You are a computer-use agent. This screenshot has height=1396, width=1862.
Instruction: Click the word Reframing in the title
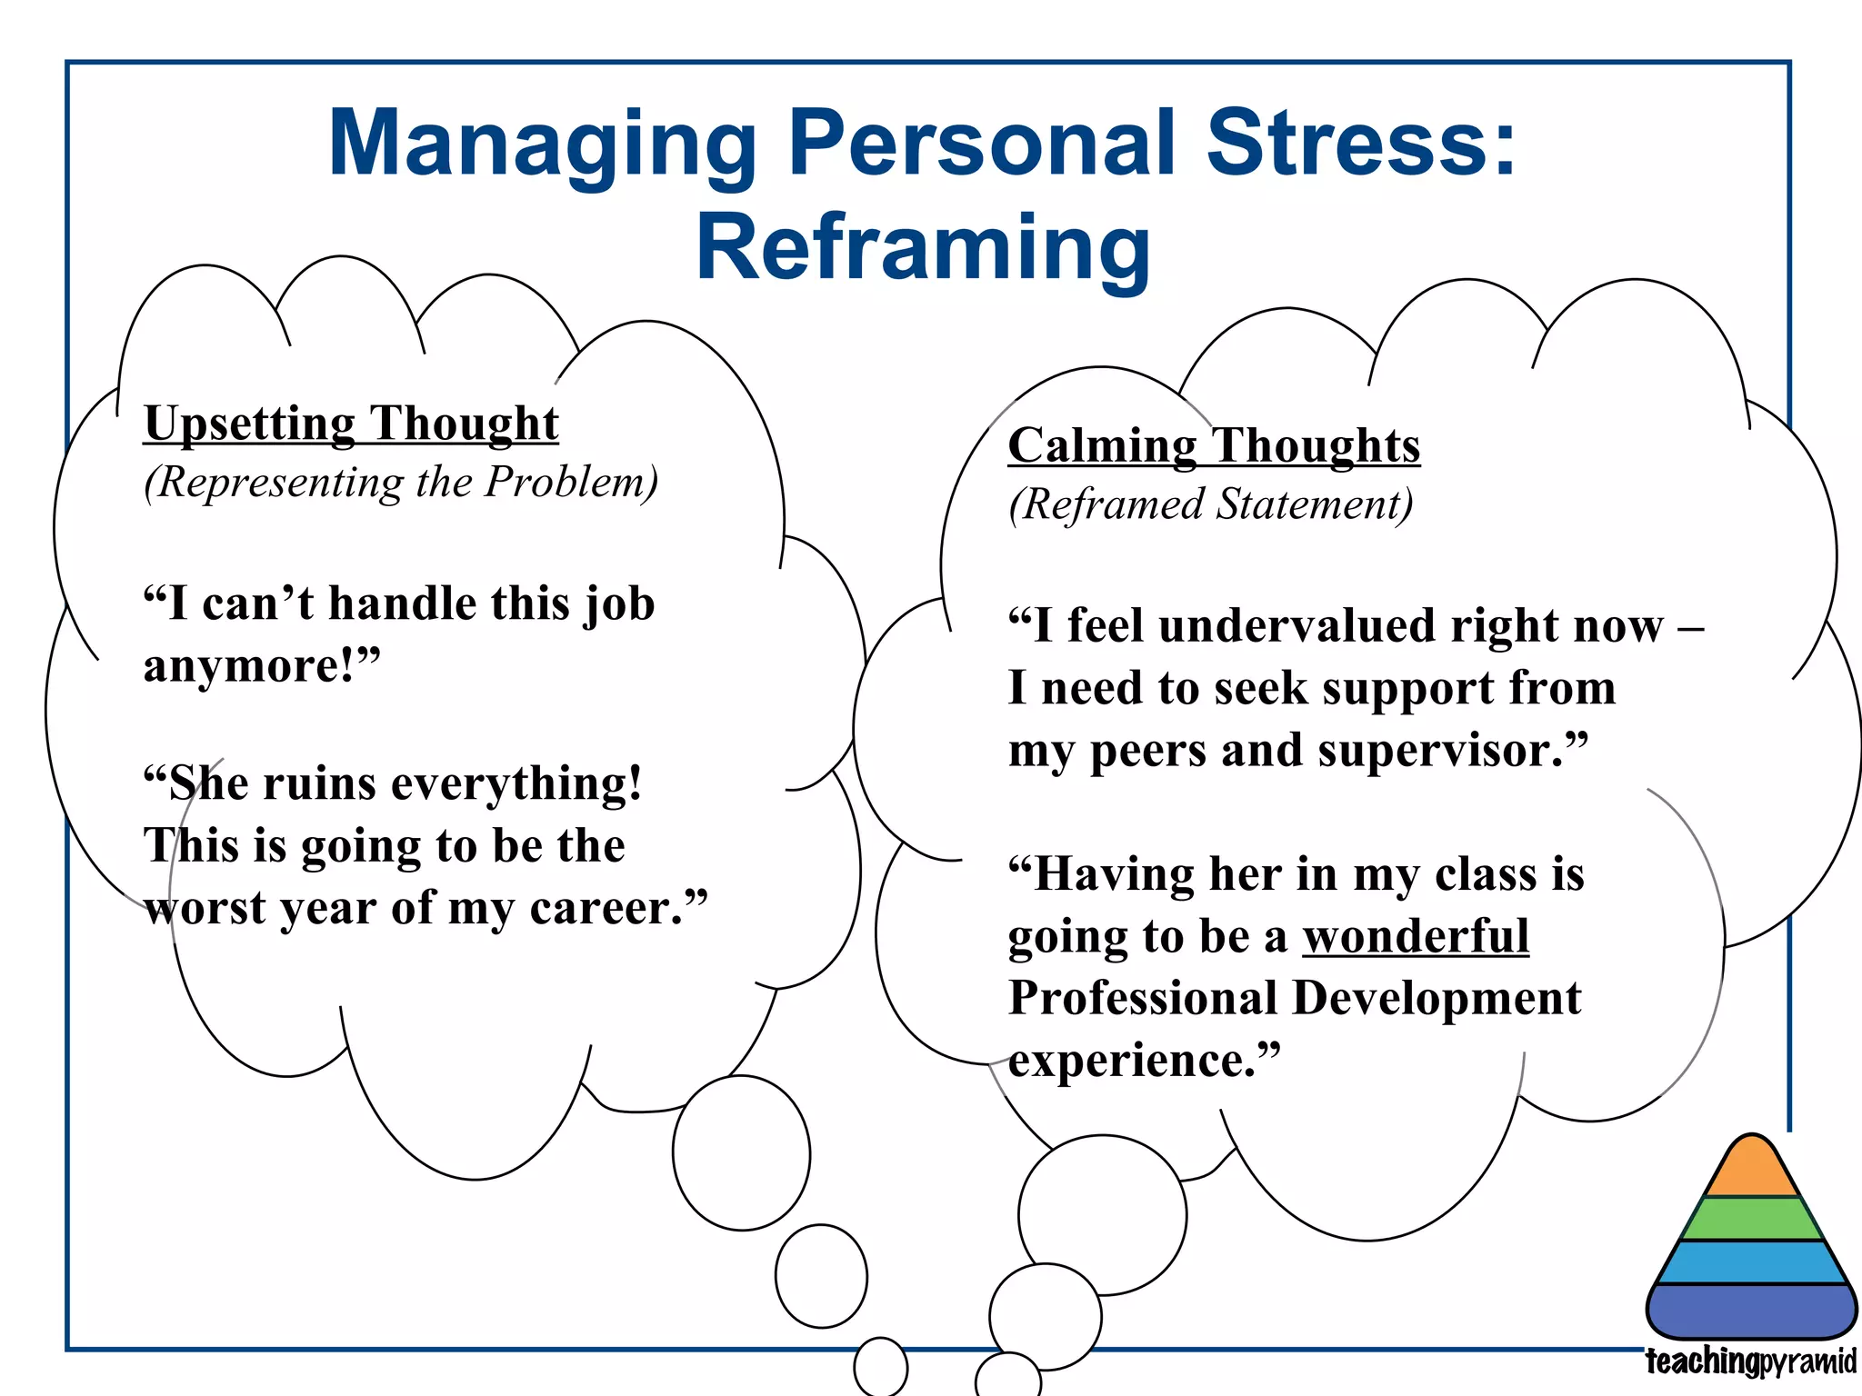pos(923,247)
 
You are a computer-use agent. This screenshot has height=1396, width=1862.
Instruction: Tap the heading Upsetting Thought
pos(351,424)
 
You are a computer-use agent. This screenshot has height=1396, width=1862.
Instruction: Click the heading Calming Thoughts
pos(1214,446)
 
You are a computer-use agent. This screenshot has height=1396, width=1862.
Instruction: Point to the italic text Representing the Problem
pos(401,482)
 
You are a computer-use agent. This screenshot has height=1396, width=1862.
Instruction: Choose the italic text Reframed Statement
pos(1211,504)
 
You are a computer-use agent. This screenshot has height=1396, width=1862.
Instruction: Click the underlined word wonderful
pos(1416,936)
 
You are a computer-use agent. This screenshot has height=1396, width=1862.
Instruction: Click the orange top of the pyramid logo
pos(1751,1171)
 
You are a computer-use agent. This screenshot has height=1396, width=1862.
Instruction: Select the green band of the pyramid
pos(1751,1220)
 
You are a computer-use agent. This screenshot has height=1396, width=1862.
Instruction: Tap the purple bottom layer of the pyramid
pos(1751,1311)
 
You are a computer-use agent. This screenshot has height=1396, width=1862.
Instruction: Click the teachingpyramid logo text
pos(1750,1362)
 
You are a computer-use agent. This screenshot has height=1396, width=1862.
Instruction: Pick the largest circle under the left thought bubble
pos(741,1152)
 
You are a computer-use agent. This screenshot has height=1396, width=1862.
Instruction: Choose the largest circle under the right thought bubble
pos(1102,1214)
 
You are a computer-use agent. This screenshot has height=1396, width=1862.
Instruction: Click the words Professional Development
pos(1295,998)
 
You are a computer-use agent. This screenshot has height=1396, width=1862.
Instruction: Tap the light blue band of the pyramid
pos(1751,1262)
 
